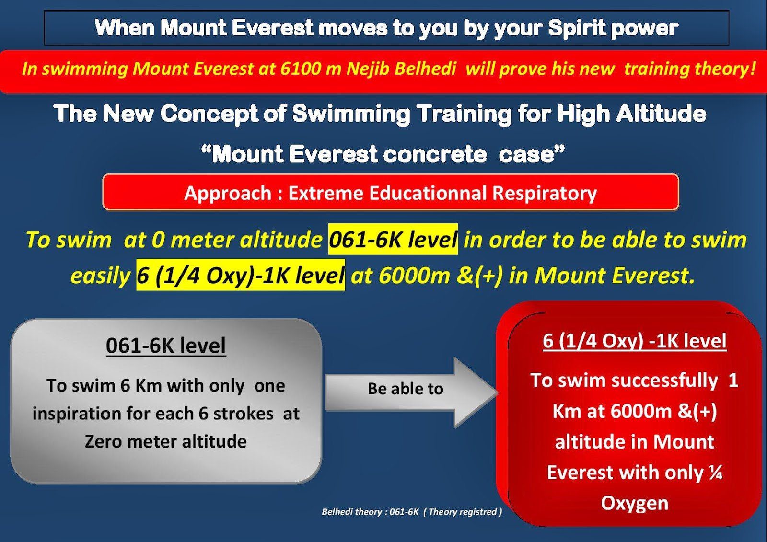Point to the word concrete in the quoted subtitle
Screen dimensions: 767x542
[x=435, y=154]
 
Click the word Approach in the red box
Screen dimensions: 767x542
[x=228, y=193]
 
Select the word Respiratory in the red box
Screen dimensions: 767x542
[x=545, y=193]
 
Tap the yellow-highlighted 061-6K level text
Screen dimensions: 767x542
[x=393, y=240]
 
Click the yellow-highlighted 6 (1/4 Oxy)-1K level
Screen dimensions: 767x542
[x=240, y=275]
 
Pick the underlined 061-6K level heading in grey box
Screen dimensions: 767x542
[x=166, y=346]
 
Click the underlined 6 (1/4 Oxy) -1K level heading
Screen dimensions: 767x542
[x=635, y=341]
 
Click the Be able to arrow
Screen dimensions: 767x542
[x=411, y=392]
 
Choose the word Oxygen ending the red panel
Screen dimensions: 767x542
[x=635, y=504]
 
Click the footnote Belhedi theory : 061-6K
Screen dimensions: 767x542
[x=370, y=512]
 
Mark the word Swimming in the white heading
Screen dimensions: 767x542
[x=351, y=114]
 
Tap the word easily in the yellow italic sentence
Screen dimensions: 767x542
[x=100, y=276]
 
